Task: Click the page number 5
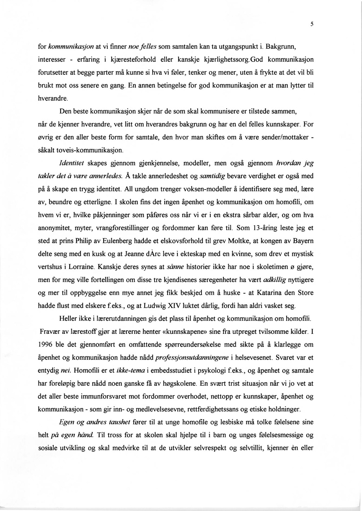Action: click(x=312, y=24)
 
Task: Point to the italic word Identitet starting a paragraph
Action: click(x=71, y=163)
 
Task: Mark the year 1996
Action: click(x=47, y=344)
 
